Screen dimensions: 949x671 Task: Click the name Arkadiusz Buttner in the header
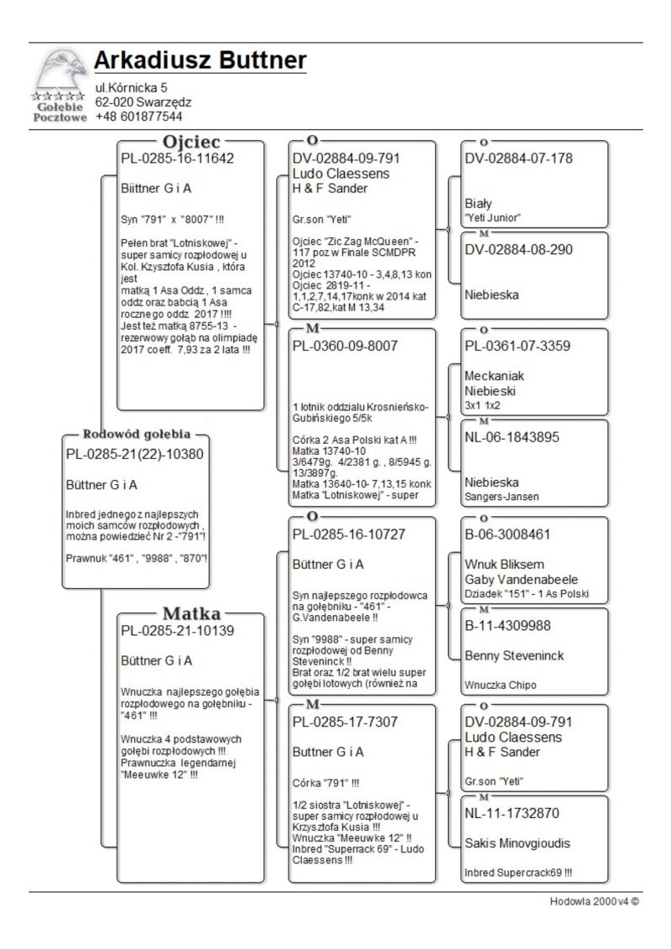pyautogui.click(x=200, y=60)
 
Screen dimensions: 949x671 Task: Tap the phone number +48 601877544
pyautogui.click(x=138, y=117)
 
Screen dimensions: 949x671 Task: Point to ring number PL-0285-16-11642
pyautogui.click(x=177, y=159)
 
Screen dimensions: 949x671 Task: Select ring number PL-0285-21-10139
pyautogui.click(x=177, y=631)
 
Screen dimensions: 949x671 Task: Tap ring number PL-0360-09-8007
pyautogui.click(x=345, y=346)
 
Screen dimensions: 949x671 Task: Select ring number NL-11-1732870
pyautogui.click(x=512, y=813)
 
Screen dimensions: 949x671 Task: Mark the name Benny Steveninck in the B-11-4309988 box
pyautogui.click(x=515, y=655)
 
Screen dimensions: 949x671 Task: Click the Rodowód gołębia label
pyautogui.click(x=137, y=435)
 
